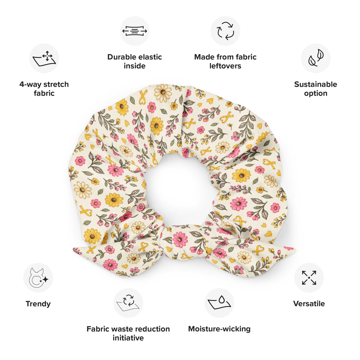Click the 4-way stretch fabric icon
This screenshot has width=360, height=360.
click(x=44, y=58)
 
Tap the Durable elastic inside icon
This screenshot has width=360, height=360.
click(x=134, y=31)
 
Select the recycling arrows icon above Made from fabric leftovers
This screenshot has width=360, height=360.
click(x=225, y=31)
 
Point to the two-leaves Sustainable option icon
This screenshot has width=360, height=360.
click(x=316, y=58)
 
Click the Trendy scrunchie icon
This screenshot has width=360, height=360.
click(x=38, y=278)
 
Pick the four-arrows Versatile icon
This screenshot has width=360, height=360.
click(x=309, y=277)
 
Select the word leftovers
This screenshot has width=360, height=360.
click(x=225, y=66)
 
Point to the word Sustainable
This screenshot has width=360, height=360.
click(x=316, y=84)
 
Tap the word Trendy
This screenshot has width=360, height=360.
click(x=38, y=304)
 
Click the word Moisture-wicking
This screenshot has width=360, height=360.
click(x=219, y=329)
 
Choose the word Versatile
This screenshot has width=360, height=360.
click(x=309, y=304)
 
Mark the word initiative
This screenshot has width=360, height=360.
click(x=128, y=338)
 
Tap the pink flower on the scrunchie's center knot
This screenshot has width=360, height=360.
click(x=180, y=240)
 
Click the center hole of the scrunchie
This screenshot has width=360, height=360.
click(x=180, y=189)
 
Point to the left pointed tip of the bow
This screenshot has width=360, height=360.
click(x=73, y=249)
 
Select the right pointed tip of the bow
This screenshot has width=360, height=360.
click(x=295, y=249)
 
